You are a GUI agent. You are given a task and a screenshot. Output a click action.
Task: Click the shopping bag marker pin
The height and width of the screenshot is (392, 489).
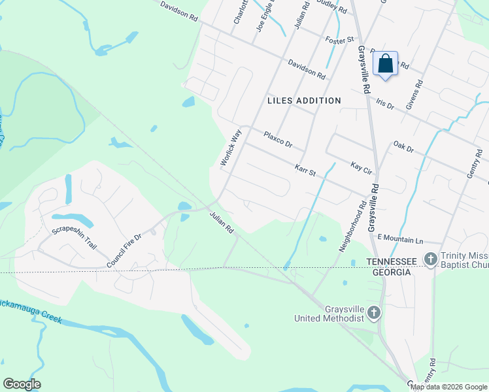coord(385,64)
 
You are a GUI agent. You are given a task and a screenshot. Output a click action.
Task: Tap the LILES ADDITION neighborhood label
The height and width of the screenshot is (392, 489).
coord(304,101)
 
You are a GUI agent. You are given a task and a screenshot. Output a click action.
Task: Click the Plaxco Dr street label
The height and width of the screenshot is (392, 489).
coord(278,139)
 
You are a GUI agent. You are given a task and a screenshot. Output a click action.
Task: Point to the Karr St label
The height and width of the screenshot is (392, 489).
coord(305,171)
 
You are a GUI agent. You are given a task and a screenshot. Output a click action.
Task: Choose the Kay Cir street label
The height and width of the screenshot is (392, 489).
coord(361,169)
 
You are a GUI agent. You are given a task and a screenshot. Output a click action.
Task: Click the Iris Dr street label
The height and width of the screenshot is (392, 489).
coord(386,104)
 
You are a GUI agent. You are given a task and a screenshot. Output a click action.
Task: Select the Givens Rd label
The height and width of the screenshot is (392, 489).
coord(416,94)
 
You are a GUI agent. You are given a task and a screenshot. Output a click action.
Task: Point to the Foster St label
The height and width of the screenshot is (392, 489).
coord(339,41)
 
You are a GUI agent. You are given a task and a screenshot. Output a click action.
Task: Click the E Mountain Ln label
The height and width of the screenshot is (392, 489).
coord(400,238)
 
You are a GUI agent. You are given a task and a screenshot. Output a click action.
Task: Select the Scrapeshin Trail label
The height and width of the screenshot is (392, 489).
coord(74,238)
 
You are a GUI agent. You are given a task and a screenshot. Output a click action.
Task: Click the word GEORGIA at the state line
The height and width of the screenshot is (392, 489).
coord(390,272)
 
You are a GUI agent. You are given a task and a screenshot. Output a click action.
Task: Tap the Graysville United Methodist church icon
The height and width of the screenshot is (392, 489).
coord(373,313)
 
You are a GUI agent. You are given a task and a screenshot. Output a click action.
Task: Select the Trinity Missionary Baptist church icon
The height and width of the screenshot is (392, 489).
coord(430,259)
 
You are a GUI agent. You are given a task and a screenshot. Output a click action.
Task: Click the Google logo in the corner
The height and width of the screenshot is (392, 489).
coord(22,384)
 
